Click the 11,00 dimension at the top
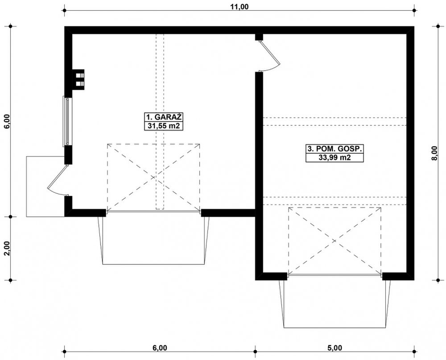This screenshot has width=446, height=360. pyautogui.click(x=239, y=7)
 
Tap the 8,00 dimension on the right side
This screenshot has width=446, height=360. pyautogui.click(x=434, y=153)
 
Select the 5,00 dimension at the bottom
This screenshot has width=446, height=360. pyautogui.click(x=334, y=348)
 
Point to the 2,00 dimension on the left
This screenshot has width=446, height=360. pyautogui.click(x=7, y=249)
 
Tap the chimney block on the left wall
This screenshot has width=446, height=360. pyautogui.click(x=78, y=80)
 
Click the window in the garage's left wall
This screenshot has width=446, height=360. pyautogui.click(x=67, y=122)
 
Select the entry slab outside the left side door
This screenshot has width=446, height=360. pyautogui.click(x=45, y=186)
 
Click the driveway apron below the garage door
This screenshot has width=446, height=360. pyautogui.click(x=153, y=241)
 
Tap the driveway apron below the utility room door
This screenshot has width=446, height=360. pyautogui.click(x=335, y=304)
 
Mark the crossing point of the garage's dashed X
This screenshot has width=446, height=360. pyautogui.click(x=153, y=178)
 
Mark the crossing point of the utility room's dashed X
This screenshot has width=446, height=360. pyautogui.click(x=335, y=241)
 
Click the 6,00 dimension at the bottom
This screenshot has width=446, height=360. pyautogui.click(x=160, y=348)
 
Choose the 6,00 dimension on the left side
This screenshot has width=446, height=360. pyautogui.click(x=7, y=122)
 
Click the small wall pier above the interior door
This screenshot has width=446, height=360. pyautogui.click(x=259, y=37)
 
